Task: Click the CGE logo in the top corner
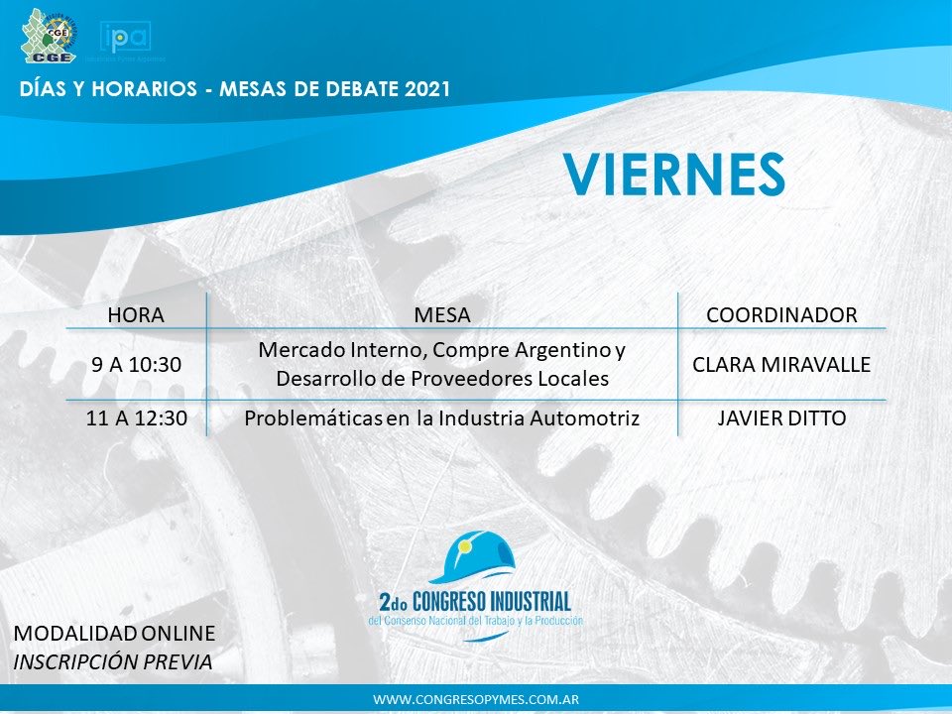[x=47, y=36]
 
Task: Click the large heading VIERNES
[x=674, y=176]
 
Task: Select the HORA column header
[x=135, y=315]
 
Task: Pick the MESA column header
[x=441, y=315]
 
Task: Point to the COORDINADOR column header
[x=781, y=315]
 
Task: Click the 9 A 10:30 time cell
[x=136, y=365]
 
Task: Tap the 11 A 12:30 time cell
[x=135, y=418]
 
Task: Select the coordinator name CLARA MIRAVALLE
[x=781, y=365]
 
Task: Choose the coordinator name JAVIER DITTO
[x=781, y=418]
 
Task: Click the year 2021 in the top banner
[x=427, y=89]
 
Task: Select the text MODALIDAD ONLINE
[x=114, y=633]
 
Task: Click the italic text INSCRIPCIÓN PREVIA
[x=113, y=660]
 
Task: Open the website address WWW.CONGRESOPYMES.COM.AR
[x=476, y=699]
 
